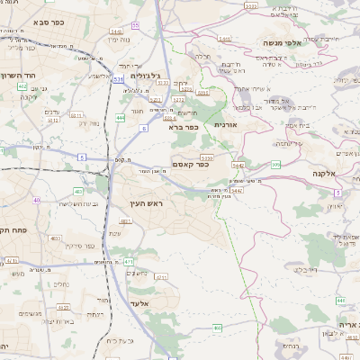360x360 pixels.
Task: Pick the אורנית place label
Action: point(225,125)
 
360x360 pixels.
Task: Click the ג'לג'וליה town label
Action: point(144,76)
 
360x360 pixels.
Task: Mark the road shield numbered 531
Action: point(119,79)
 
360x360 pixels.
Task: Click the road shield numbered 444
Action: point(121,117)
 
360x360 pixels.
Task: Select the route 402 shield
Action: point(22,86)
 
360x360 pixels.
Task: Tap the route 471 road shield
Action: point(129,261)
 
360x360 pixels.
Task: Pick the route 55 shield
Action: point(135,25)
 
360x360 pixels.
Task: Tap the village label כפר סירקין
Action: point(81,244)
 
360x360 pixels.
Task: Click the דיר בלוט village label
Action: point(305,268)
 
